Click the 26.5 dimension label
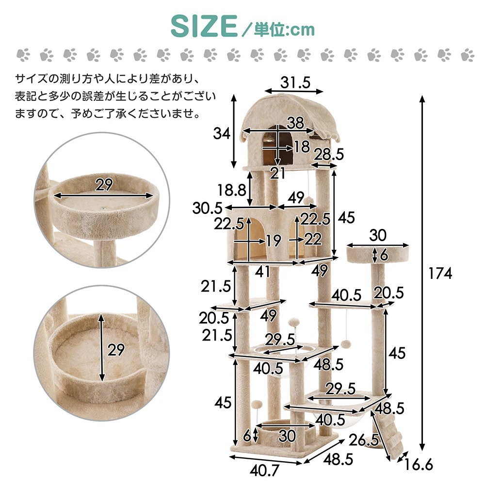click(364, 441)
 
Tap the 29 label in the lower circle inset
click(116, 350)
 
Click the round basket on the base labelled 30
click(286, 431)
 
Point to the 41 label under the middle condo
click(262, 272)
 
